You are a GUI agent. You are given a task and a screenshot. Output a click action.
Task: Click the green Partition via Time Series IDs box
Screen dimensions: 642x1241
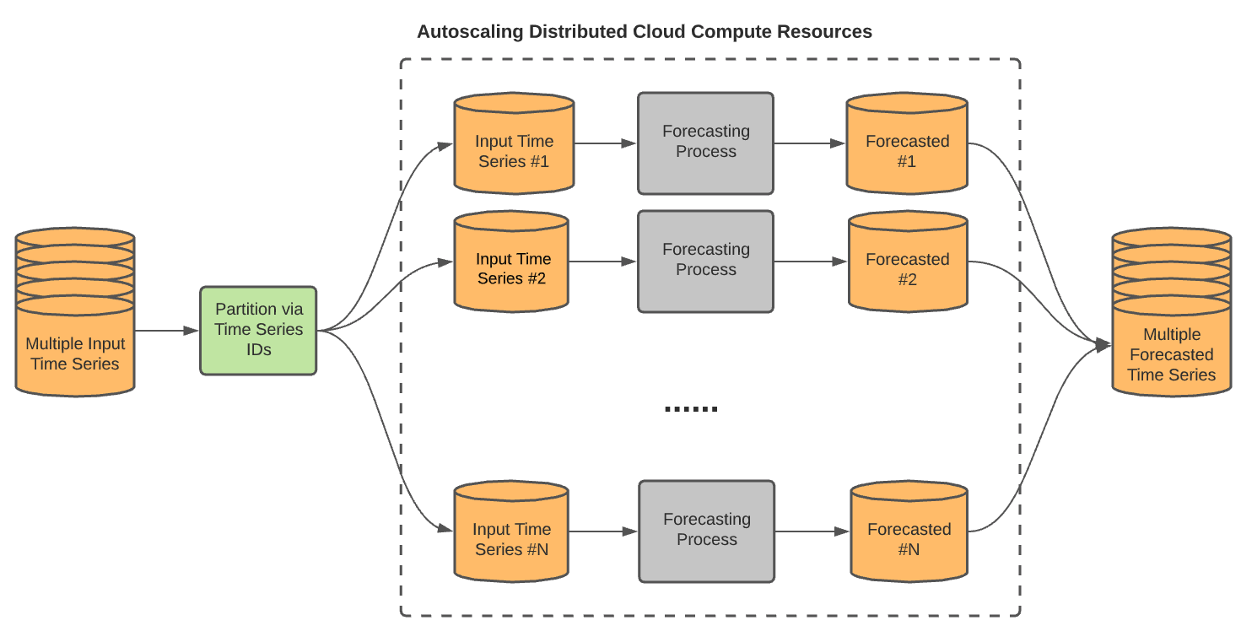click(258, 330)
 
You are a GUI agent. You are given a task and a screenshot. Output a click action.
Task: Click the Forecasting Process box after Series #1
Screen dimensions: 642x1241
click(705, 143)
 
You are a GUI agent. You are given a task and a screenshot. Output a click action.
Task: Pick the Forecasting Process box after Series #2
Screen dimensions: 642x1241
click(705, 261)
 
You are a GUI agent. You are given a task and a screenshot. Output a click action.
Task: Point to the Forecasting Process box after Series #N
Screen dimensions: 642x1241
click(706, 531)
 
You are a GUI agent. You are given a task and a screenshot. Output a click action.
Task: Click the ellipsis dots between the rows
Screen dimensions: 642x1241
click(691, 409)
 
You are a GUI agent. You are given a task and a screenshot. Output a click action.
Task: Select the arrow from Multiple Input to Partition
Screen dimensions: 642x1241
click(166, 331)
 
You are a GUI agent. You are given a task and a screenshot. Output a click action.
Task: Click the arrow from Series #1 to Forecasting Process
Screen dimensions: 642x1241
click(605, 143)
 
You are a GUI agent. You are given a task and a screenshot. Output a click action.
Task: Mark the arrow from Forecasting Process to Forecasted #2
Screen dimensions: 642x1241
click(810, 262)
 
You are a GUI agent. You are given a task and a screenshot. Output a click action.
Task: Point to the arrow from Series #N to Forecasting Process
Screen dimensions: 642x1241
click(604, 531)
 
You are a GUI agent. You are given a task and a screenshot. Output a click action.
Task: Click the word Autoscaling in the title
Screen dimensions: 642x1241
click(468, 32)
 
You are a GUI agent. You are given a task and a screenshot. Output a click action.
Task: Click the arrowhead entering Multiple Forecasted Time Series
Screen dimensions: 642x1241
click(1103, 344)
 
